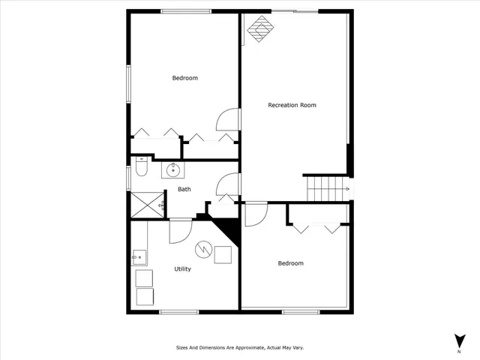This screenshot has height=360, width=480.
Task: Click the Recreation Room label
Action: [292, 105]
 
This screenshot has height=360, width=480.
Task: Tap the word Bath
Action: [184, 189]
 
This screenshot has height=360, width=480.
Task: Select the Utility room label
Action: [182, 268]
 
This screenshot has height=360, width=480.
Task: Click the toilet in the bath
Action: [140, 171]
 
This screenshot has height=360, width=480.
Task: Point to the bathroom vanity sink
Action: [172, 169]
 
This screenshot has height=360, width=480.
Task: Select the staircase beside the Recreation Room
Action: [327, 189]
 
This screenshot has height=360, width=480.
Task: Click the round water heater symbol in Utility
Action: [202, 249]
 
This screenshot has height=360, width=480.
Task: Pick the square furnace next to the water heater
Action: [223, 255]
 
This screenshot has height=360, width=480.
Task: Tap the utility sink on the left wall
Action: [139, 257]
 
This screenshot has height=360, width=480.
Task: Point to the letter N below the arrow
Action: [458, 352]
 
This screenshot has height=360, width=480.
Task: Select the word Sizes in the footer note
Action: [182, 348]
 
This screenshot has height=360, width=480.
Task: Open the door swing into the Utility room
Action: [180, 231]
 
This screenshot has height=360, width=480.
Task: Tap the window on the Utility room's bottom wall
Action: [178, 311]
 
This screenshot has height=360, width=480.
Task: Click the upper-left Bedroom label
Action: [184, 78]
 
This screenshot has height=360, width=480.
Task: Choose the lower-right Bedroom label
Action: [290, 263]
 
